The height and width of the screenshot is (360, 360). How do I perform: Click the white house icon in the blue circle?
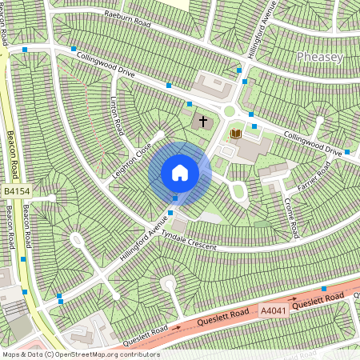click(180, 173)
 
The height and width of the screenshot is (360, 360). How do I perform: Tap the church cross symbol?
click(202, 122)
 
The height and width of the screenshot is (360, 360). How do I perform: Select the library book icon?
click(235, 134)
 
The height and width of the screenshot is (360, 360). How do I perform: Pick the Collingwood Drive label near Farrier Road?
click(316, 142)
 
